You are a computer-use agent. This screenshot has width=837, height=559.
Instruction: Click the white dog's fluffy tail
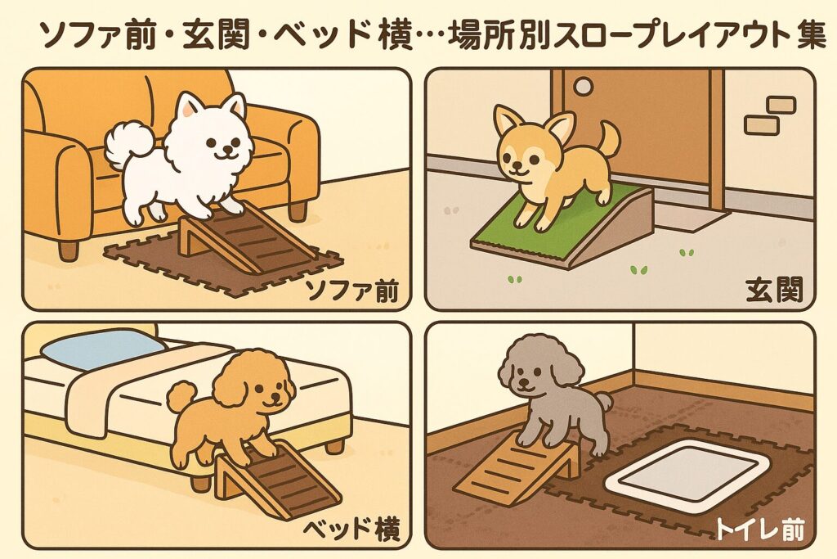[129, 144]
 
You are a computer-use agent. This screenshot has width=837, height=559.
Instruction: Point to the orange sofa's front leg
[68, 249]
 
